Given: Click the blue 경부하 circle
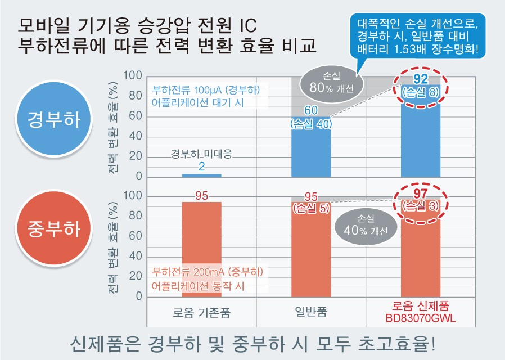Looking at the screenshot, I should [x=53, y=119].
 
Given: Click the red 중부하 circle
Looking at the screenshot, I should [x=53, y=228].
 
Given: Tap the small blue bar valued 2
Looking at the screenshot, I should [x=201, y=175].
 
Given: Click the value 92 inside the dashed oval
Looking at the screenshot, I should [x=421, y=79].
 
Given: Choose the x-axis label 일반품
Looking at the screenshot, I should [x=311, y=311].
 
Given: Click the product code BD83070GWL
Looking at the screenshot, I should [x=421, y=318].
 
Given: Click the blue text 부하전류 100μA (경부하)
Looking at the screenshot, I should [x=205, y=90].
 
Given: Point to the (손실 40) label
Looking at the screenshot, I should [x=311, y=123].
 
